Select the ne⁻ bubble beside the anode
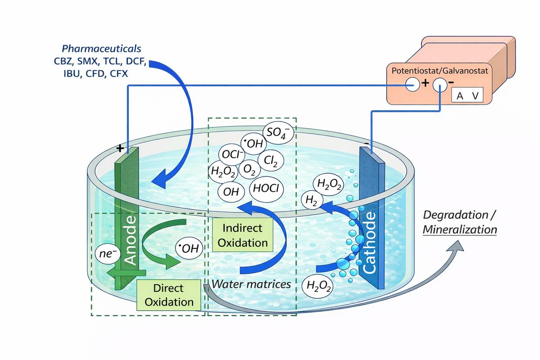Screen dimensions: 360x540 [x=108, y=255]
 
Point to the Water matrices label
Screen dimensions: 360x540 [x=251, y=284]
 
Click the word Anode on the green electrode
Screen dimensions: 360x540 [x=130, y=240]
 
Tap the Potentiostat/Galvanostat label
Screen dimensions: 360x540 [x=439, y=71]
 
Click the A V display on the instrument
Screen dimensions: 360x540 [x=467, y=96]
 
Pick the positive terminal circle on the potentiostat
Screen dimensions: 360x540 [x=412, y=84]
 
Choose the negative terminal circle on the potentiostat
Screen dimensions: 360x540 [x=439, y=84]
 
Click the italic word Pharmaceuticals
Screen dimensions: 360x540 [x=101, y=48]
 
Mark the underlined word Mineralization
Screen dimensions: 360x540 [x=460, y=229]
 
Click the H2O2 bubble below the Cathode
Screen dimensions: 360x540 [x=318, y=287]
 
